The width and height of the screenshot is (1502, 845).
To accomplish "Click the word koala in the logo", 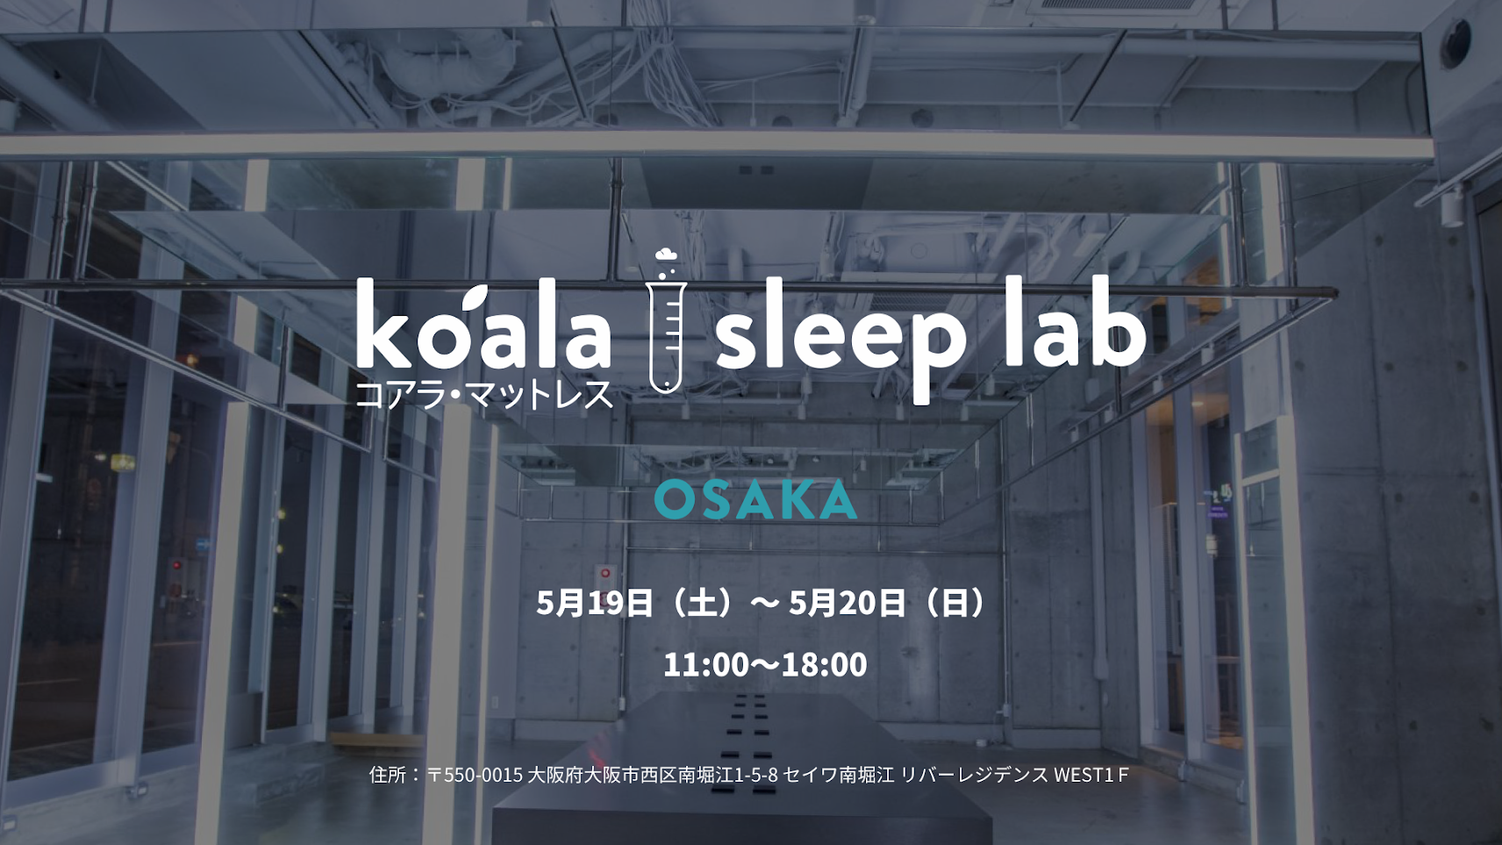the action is [483, 326].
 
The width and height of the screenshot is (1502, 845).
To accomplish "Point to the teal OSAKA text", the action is [755, 500].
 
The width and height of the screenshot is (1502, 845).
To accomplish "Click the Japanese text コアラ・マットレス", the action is [484, 394].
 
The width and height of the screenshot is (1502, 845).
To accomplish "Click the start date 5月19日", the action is [595, 603].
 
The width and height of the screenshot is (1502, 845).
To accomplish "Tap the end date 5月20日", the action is [848, 603].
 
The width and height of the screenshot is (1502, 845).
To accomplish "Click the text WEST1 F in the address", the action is [1091, 776].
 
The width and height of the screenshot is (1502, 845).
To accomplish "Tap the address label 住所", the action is [387, 776].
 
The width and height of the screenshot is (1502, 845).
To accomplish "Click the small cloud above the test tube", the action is [666, 254].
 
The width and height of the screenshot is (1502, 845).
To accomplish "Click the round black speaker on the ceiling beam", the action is [1456, 43].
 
